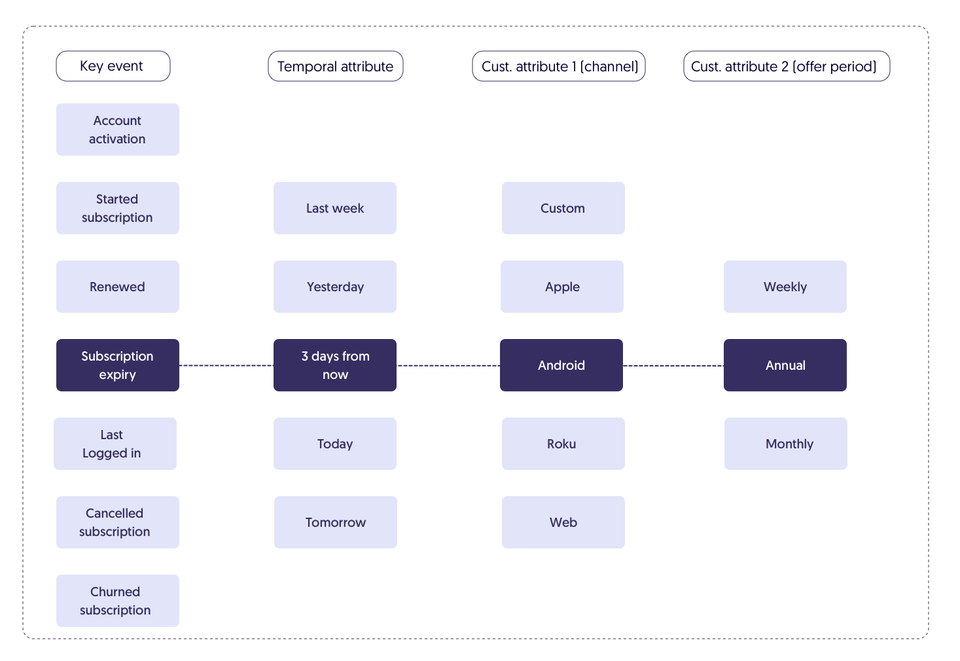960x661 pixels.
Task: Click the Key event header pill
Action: [113, 66]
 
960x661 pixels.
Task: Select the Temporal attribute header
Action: [336, 66]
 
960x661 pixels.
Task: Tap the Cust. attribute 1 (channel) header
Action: [559, 66]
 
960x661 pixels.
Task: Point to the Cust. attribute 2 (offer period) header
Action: [787, 66]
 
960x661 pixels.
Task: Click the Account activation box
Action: [118, 130]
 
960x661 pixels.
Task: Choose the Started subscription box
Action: [118, 208]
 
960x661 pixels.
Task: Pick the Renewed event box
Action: [118, 287]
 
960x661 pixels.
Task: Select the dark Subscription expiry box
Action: [118, 365]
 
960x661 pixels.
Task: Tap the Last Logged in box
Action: [115, 444]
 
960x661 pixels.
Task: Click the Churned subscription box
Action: [118, 601]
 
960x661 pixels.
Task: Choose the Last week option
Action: [335, 208]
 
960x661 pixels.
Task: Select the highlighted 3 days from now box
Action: [335, 365]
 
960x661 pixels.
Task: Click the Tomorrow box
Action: [336, 522]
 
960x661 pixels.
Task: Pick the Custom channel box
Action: [563, 208]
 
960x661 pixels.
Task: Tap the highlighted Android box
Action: [561, 365]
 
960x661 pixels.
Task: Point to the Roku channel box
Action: [563, 444]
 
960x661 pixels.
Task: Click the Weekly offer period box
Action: [785, 287]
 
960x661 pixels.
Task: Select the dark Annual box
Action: [785, 365]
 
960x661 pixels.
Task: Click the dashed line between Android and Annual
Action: [673, 366]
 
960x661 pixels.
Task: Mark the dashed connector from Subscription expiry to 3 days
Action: [226, 366]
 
